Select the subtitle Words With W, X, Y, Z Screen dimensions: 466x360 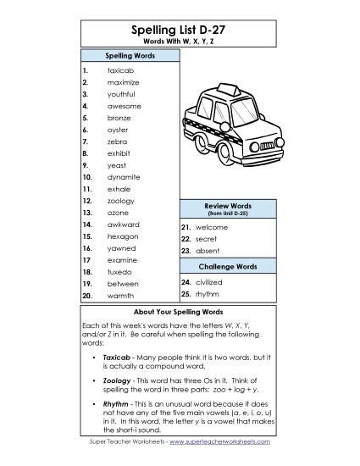[x=180, y=42]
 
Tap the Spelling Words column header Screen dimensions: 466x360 [x=130, y=55]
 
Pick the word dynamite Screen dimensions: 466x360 [x=124, y=177]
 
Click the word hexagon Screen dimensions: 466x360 [x=123, y=236]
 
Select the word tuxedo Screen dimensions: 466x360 [x=119, y=272]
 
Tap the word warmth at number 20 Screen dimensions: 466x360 [x=120, y=296]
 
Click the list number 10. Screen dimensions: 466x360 [x=87, y=177]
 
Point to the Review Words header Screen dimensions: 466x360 [x=228, y=206]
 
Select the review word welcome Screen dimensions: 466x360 [x=211, y=228]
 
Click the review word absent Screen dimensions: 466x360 [x=208, y=252]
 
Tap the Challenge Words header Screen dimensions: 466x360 [x=228, y=266]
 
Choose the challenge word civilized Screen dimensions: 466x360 [x=208, y=282]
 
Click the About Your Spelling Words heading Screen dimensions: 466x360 [x=180, y=311]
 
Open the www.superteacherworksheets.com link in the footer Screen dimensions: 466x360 [x=219, y=442]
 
